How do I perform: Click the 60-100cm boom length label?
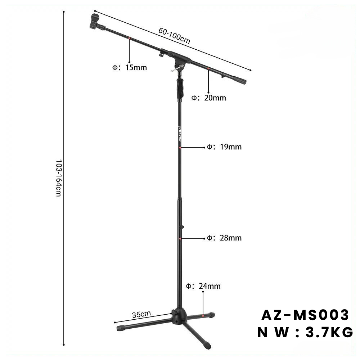point(175,36)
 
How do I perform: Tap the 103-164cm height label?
point(58,178)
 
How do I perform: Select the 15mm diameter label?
point(130,68)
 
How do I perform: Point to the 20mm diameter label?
point(209,98)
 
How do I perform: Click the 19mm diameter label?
point(224,147)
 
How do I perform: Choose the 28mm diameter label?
point(224,238)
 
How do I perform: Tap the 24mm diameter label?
point(203,286)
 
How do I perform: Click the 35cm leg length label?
point(141,314)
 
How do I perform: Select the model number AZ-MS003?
point(305,315)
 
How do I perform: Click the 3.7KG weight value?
point(329,332)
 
